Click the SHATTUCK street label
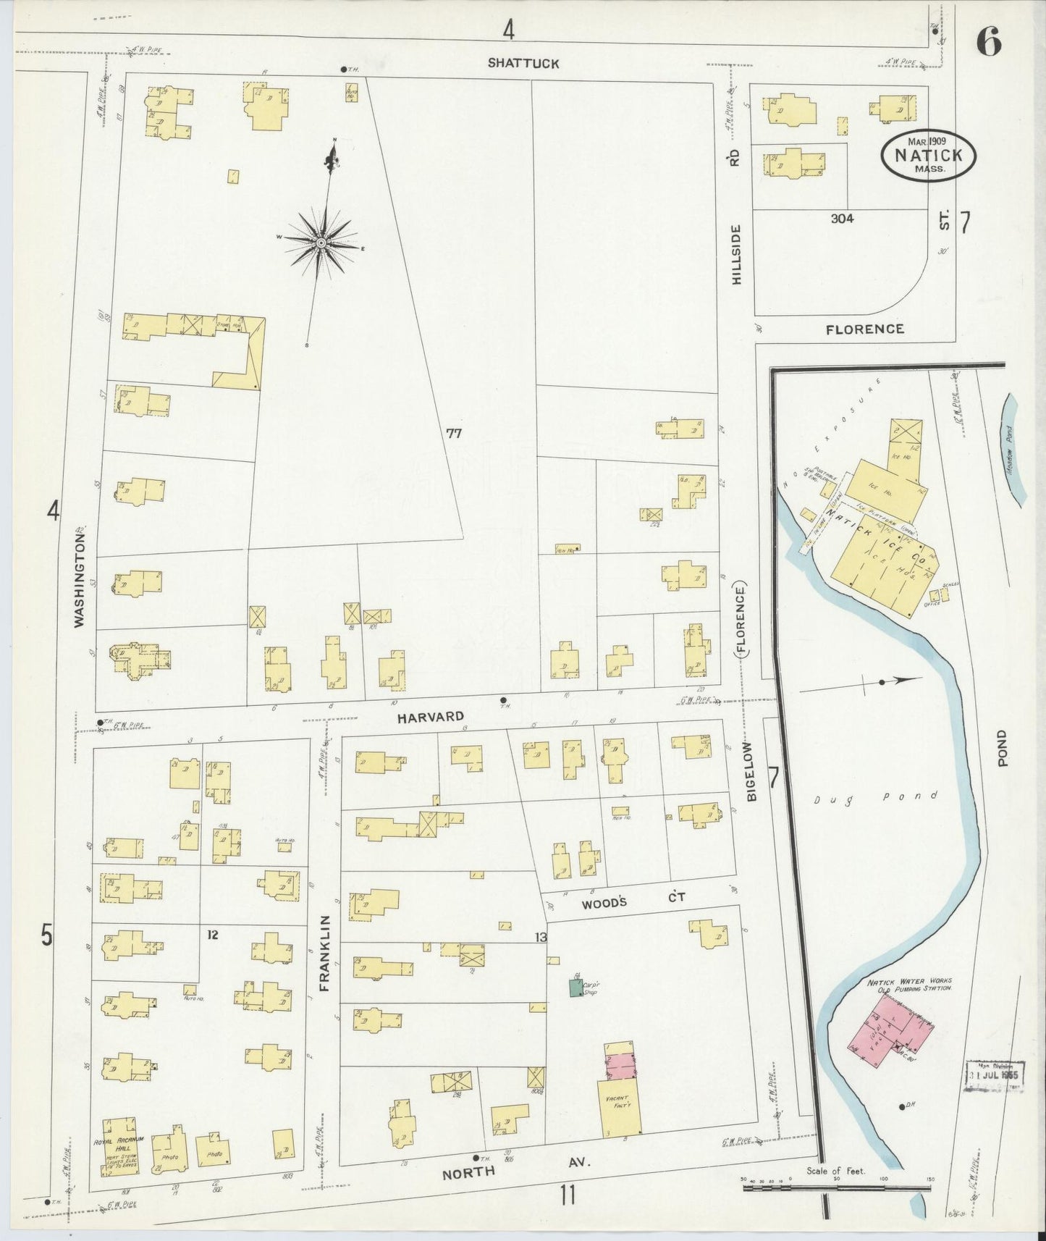pos(523,63)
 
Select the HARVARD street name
pos(430,716)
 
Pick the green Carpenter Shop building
pos(575,988)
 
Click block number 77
pos(454,434)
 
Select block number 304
pos(842,218)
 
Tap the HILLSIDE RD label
pos(736,217)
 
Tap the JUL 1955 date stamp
pos(994,1074)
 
